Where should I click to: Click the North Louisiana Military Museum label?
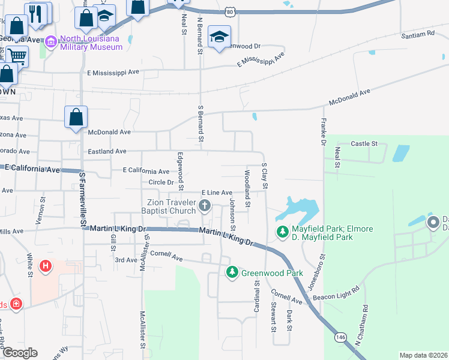(x=91, y=43)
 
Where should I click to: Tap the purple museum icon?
(x=51, y=42)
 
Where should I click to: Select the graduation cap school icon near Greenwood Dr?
(x=219, y=36)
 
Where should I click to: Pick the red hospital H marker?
(x=45, y=265)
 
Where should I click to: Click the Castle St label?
(x=364, y=144)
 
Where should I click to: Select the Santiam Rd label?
(x=418, y=35)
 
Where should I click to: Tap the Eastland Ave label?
(x=107, y=152)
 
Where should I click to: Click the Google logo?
(x=20, y=353)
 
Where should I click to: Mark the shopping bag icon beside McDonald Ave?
(x=76, y=117)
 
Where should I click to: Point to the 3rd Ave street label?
(x=126, y=260)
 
